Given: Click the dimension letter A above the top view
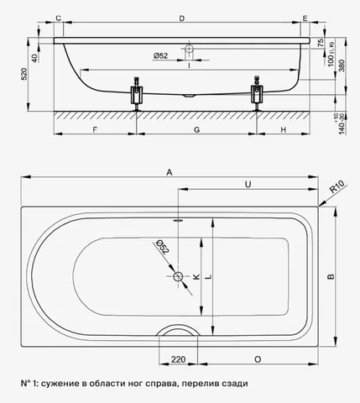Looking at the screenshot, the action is [170, 172].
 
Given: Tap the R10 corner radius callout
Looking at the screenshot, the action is [337, 187].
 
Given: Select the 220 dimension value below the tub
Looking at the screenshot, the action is [179, 359].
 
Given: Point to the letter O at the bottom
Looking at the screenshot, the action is [258, 359].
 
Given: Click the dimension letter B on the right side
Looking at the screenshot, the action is [331, 276].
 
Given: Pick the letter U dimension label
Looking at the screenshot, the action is [248, 185].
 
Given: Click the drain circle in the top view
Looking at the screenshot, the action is [178, 276].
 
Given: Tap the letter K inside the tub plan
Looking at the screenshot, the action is [196, 276].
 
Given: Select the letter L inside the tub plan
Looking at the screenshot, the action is [208, 276].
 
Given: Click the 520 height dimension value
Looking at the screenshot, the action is [24, 74].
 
